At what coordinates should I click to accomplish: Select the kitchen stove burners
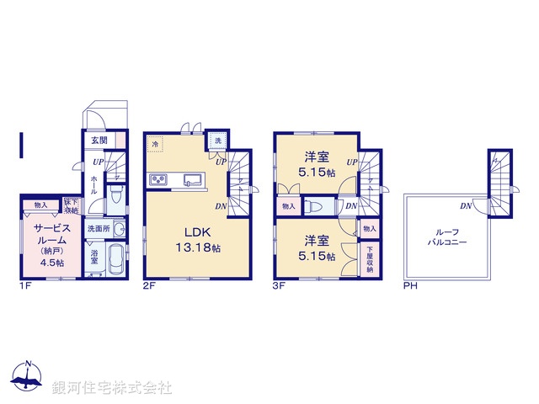click(x=158, y=179)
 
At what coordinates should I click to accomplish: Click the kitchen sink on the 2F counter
click(x=191, y=179)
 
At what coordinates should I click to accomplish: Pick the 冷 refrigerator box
click(x=157, y=145)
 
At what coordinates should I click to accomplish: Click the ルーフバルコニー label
click(x=446, y=237)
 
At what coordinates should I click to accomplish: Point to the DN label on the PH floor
click(x=465, y=206)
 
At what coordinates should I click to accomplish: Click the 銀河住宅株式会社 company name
click(x=112, y=388)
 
